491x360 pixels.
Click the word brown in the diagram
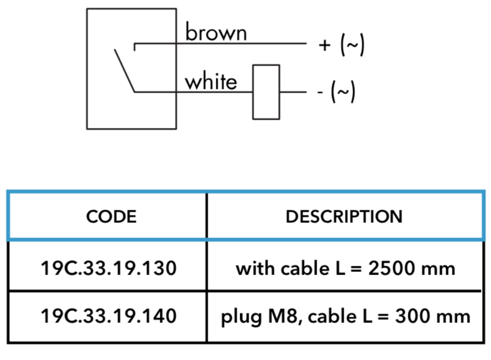216,31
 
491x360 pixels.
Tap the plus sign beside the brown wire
325,45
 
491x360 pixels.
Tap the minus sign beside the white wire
320,93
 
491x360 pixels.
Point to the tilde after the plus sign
353,45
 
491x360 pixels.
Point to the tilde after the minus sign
343,92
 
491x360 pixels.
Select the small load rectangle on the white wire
266,92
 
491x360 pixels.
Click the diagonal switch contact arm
125,70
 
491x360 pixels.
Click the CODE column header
111,217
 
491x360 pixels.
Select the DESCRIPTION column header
344,217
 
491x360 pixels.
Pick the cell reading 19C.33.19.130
109,268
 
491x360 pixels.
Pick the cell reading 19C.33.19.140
109,316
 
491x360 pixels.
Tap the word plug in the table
242,317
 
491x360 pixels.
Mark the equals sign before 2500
356,269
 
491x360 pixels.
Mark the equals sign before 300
383,317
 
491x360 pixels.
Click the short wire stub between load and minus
293,92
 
